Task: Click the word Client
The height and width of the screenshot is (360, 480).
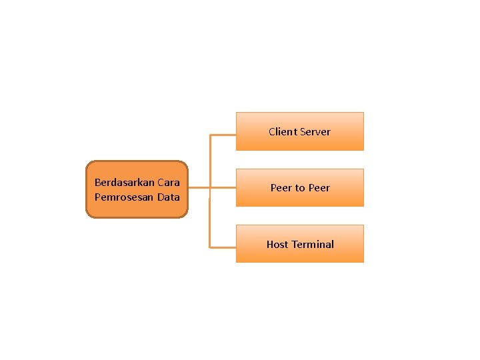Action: coord(282,132)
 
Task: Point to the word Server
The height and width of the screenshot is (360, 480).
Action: coord(315,132)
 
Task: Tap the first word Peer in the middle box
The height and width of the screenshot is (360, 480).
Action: coord(281,188)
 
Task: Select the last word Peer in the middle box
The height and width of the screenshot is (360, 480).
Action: coord(319,188)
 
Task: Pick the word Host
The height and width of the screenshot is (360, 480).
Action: coord(277,245)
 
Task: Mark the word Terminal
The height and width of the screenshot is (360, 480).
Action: coord(312,245)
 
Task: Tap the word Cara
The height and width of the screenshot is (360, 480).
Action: coord(169,183)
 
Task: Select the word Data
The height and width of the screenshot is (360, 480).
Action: coord(169,197)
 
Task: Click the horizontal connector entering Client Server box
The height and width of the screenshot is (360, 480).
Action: coord(223,135)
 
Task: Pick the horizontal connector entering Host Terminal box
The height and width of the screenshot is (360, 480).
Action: coord(223,247)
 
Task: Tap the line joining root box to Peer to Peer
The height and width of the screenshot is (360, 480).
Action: coord(212,188)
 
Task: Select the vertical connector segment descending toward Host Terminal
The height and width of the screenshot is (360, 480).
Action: coord(210,220)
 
